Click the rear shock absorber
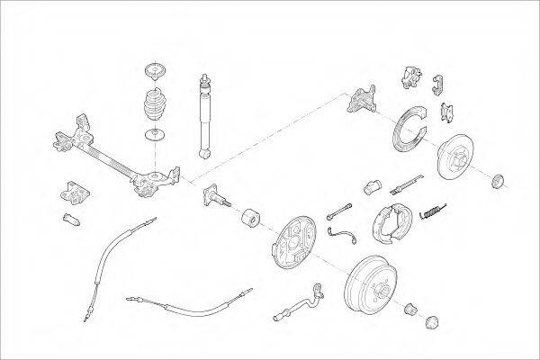204,117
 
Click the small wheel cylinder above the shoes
372,188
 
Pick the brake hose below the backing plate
297,303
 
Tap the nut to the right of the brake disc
497,182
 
